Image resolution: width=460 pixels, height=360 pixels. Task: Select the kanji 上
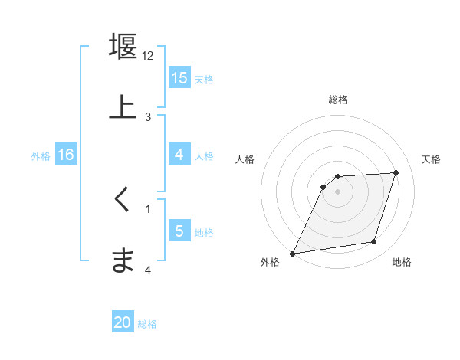pyautogui.click(x=123, y=107)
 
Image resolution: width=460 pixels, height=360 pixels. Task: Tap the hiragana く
pyautogui.click(x=123, y=200)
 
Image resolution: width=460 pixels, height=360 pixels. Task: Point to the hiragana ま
pyautogui.click(x=123, y=260)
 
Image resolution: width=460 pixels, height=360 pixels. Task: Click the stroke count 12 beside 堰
pyautogui.click(x=148, y=56)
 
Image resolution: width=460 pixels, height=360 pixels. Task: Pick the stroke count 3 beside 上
pyautogui.click(x=148, y=117)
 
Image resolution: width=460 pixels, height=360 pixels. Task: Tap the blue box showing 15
pyautogui.click(x=179, y=78)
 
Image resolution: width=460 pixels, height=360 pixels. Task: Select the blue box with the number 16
pyautogui.click(x=65, y=155)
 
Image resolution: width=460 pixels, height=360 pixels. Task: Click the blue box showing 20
pyautogui.click(x=123, y=322)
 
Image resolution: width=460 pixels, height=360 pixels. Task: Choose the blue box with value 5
pyautogui.click(x=179, y=231)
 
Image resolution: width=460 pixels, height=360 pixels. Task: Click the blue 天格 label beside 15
pyautogui.click(x=204, y=79)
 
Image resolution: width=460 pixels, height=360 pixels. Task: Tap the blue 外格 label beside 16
pyautogui.click(x=41, y=155)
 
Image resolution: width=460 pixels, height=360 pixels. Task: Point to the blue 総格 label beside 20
pyautogui.click(x=147, y=323)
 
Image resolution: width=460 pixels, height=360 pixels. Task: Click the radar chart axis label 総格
pyautogui.click(x=338, y=100)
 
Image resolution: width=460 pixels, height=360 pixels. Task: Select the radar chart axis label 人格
pyautogui.click(x=245, y=159)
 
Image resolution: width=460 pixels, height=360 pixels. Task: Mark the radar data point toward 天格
pyautogui.click(x=396, y=173)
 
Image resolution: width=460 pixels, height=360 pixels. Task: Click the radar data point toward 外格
pyautogui.click(x=293, y=253)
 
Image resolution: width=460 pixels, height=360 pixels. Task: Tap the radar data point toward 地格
pyautogui.click(x=374, y=242)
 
